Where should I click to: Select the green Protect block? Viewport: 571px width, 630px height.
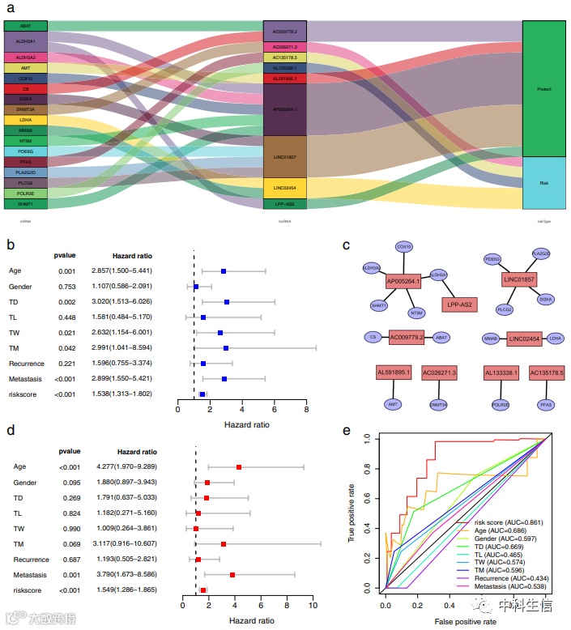(x=543, y=89)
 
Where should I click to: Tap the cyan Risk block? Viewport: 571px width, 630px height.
(x=543, y=184)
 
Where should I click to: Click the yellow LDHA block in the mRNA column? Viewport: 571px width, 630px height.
(x=25, y=120)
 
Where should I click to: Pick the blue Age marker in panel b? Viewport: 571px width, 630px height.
(x=224, y=271)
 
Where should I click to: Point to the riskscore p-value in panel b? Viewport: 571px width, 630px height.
(x=66, y=394)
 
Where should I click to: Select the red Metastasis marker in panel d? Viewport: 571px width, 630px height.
(x=232, y=575)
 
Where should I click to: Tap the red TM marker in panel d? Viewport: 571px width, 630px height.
(x=224, y=544)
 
